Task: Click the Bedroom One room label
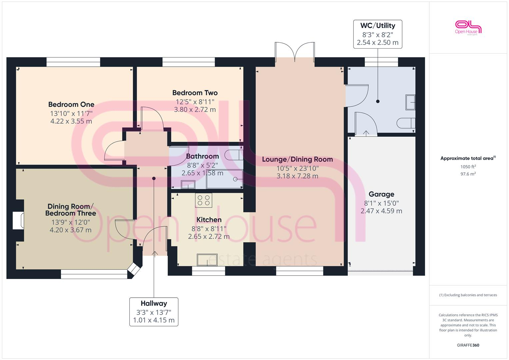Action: point(71,105)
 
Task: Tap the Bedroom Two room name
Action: point(195,93)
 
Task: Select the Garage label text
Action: point(381,194)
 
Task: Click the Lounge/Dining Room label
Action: point(297,160)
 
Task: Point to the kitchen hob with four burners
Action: point(204,200)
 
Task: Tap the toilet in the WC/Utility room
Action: point(406,123)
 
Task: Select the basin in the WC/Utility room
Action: point(410,102)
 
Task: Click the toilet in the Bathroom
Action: point(233,155)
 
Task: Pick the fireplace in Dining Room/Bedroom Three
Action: point(18,220)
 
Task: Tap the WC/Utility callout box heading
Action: point(378,26)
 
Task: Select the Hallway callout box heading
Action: point(154,304)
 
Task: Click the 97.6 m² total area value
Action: point(468,174)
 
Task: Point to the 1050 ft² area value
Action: point(468,167)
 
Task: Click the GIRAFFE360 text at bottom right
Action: point(468,345)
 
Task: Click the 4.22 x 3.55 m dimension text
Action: point(71,121)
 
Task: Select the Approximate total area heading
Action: point(467,158)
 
